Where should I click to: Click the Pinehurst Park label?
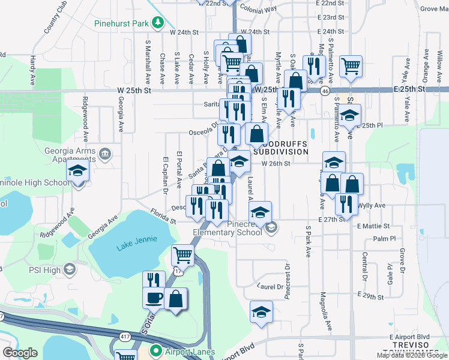click(x=121, y=25)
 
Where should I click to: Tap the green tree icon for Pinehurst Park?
click(x=158, y=23)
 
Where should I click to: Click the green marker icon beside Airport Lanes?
click(x=156, y=350)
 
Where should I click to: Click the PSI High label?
click(x=44, y=270)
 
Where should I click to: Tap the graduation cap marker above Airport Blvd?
click(x=261, y=311)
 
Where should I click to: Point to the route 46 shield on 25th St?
click(x=325, y=90)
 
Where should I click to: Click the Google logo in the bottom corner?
click(x=20, y=353)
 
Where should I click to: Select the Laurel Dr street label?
click(x=270, y=286)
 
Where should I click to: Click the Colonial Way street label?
click(x=258, y=9)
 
